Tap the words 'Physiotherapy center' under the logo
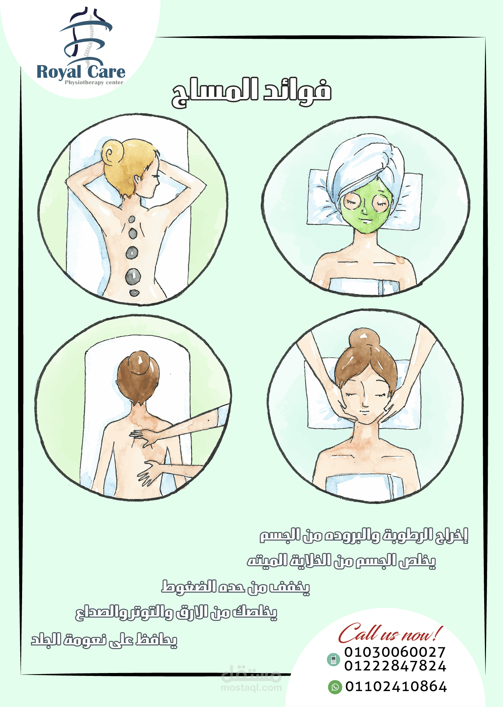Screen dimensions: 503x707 tap(94, 82)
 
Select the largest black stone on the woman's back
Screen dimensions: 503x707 tap(133, 277)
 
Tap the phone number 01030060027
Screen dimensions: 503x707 tap(395, 652)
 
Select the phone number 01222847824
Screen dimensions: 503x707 tap(395, 666)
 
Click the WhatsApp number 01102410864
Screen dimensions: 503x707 tap(396, 686)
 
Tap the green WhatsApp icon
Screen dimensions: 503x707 tap(335, 687)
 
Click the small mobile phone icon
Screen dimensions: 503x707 tap(333, 660)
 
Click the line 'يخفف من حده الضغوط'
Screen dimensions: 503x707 tap(236, 587)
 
